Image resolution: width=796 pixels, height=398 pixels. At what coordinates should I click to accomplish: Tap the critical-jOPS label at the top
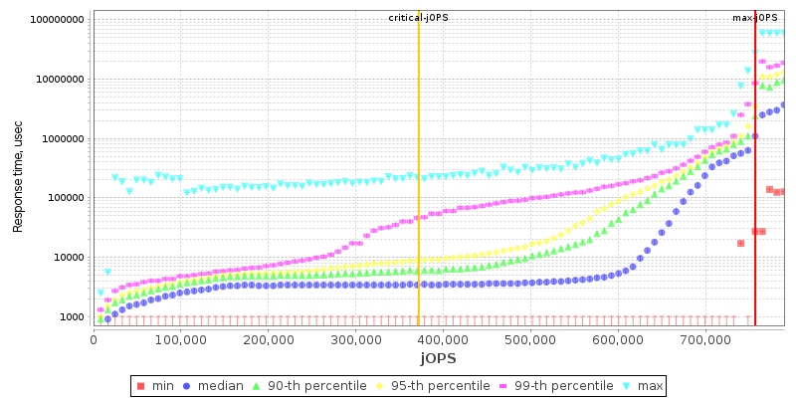(x=418, y=18)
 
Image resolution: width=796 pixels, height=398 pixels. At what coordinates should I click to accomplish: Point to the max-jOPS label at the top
(x=754, y=18)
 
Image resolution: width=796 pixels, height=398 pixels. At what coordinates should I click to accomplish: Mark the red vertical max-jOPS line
(x=755, y=199)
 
